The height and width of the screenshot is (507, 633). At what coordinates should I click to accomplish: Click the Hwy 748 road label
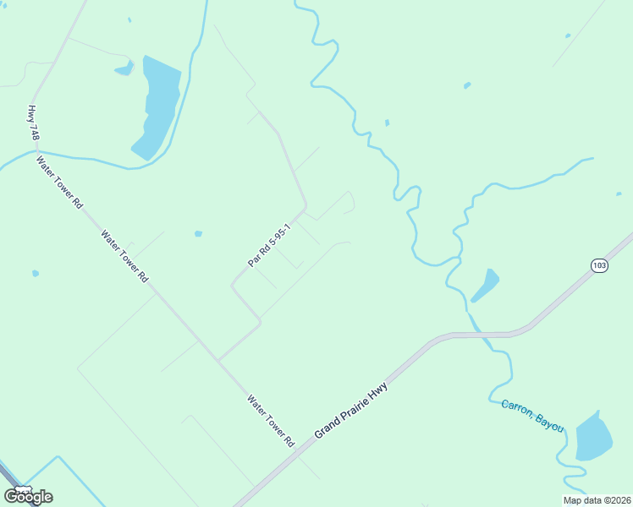coord(34,123)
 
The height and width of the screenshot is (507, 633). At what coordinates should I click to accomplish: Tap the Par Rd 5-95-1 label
coord(270,246)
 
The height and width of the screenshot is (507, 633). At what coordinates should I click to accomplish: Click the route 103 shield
coord(599,265)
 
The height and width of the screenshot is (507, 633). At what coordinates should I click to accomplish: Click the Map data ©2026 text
coord(597,500)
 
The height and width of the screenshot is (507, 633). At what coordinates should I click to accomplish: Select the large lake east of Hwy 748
coord(158,106)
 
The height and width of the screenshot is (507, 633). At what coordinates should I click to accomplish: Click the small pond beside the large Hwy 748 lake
coord(124,68)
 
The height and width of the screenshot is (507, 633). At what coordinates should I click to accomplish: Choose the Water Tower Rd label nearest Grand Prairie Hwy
coord(270,420)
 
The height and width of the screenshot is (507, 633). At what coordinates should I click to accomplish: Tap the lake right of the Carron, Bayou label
coord(594,438)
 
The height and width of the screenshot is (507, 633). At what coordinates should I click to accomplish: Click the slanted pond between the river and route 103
coord(485,285)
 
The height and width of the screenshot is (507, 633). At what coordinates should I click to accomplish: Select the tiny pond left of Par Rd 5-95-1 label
coord(198,234)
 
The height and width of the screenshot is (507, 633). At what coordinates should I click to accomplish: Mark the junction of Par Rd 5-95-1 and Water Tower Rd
coord(218,360)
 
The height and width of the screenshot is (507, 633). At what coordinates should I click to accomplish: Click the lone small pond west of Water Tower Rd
coord(35,273)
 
